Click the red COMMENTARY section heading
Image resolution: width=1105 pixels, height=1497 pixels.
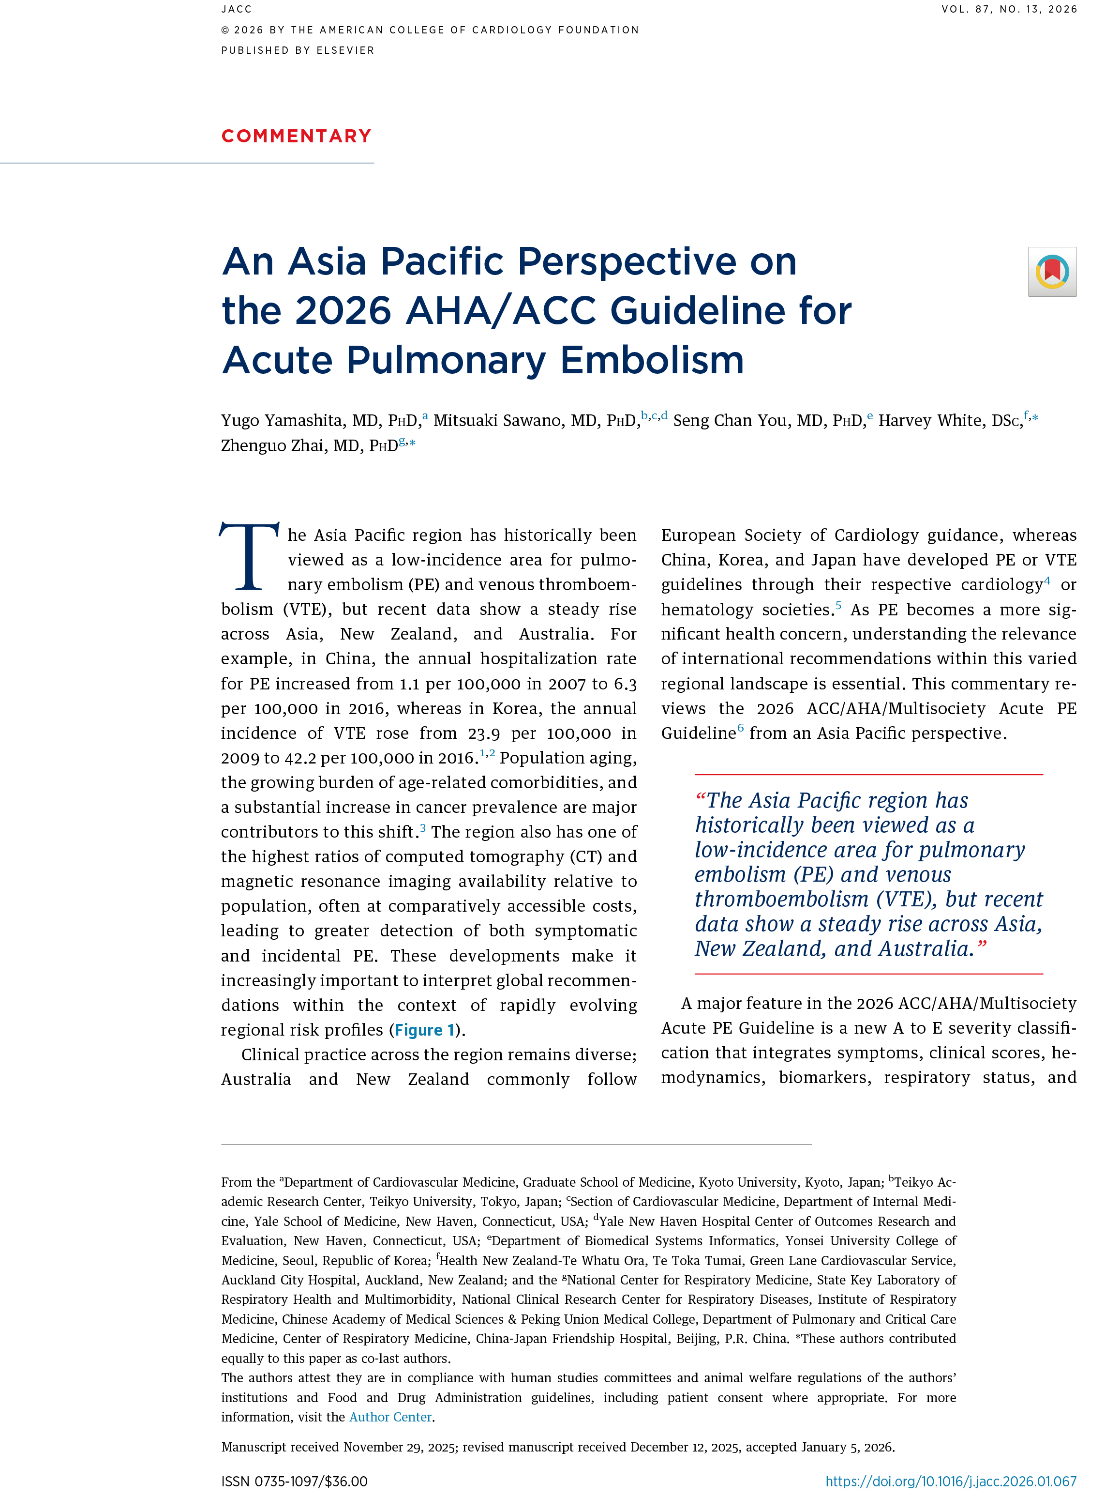pyautogui.click(x=296, y=137)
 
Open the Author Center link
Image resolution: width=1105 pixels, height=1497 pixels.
pyautogui.click(x=390, y=1417)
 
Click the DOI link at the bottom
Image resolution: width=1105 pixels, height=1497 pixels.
pyautogui.click(x=951, y=1481)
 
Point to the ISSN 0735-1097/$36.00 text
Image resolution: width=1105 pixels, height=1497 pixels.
pyautogui.click(x=294, y=1481)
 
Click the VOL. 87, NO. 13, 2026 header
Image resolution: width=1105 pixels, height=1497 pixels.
pyautogui.click(x=1009, y=9)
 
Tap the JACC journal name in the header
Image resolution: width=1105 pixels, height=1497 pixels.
pyautogui.click(x=237, y=9)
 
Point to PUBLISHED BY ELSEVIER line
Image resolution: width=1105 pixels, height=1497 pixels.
pyautogui.click(x=298, y=50)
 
